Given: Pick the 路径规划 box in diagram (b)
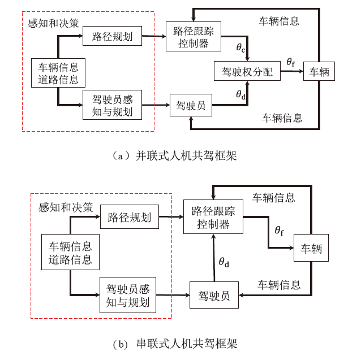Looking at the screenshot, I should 129,218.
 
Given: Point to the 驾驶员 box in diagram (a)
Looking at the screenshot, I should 190,106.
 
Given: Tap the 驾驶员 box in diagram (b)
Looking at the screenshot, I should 214,296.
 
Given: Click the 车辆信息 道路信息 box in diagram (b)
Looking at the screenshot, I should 70,254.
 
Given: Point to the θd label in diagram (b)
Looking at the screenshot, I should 226,262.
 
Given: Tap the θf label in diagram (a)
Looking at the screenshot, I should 290,63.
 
